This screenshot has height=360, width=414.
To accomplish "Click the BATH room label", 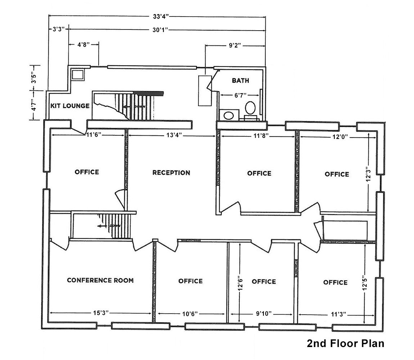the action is click(x=240, y=81).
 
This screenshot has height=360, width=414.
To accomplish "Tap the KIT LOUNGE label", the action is click(x=70, y=106).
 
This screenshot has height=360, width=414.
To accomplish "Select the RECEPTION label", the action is click(x=171, y=173).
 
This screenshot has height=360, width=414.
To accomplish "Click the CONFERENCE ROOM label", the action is click(x=100, y=280).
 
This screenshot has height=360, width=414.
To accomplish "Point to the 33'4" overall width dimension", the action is click(x=161, y=17).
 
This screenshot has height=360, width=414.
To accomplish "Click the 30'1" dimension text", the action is click(x=160, y=30).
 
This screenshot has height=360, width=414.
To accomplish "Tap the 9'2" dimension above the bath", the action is click(x=235, y=46).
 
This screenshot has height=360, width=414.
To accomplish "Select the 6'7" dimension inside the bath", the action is click(x=240, y=95).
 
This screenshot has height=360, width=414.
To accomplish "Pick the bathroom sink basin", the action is click(x=228, y=116).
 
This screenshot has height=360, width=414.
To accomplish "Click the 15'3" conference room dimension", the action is click(x=101, y=313).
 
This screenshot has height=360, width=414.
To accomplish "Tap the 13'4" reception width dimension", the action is click(x=174, y=135).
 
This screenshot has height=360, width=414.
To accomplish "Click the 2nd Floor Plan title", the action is click(x=346, y=343).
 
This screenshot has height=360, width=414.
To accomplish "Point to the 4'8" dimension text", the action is click(x=84, y=45).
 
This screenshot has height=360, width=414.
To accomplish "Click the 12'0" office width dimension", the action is click(x=340, y=137).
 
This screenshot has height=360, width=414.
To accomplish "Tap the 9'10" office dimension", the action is click(x=264, y=314).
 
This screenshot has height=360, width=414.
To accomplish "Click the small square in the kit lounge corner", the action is click(x=78, y=75).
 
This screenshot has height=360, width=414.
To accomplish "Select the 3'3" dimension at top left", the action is click(x=59, y=29).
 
